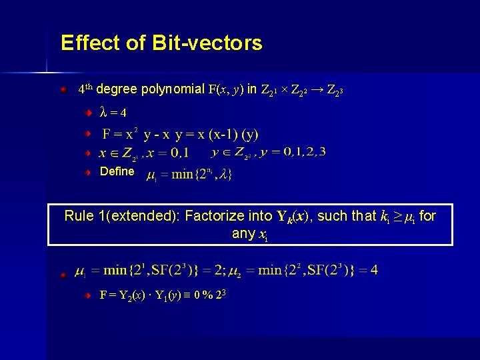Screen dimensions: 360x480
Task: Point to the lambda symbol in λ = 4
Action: (x=103, y=111)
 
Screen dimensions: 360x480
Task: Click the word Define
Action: (x=117, y=171)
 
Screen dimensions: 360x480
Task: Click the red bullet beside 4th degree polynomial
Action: (x=62, y=88)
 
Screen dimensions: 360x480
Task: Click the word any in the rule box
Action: (x=243, y=233)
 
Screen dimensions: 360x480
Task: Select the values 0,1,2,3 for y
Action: (x=305, y=151)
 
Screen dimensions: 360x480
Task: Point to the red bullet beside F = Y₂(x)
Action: (x=87, y=294)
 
